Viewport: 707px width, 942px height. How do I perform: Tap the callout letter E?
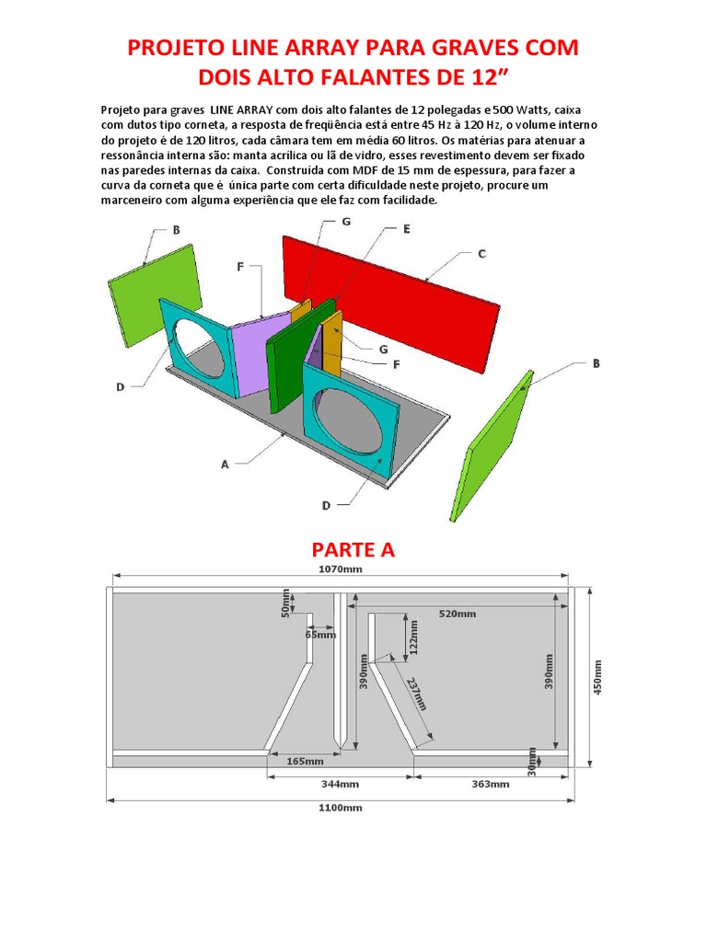click(x=406, y=229)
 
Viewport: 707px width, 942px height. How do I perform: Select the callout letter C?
click(x=481, y=254)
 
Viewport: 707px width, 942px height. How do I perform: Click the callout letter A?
click(x=225, y=465)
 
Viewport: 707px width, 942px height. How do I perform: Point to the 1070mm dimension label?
click(x=341, y=569)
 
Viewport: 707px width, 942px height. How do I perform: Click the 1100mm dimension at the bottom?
click(x=341, y=808)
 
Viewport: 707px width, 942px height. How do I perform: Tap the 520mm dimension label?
click(x=458, y=614)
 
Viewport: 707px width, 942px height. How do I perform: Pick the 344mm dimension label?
click(x=341, y=785)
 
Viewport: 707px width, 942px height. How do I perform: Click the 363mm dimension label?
click(x=490, y=785)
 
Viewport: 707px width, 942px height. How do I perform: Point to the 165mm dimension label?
click(x=305, y=761)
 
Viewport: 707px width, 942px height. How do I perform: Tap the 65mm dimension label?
click(x=320, y=634)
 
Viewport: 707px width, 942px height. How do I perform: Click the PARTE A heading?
click(x=353, y=550)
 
